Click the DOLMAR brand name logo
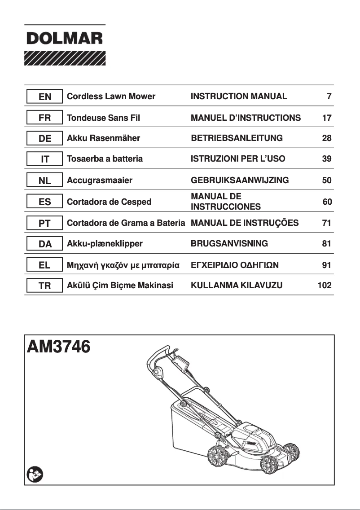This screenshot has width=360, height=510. pos(65,39)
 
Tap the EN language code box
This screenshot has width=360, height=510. pos(44,97)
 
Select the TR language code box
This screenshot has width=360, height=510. pos(44,285)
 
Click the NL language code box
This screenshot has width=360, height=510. pos(44,181)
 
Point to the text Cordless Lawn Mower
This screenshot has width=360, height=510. pos(111,97)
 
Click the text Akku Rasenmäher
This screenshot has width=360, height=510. pos(103,138)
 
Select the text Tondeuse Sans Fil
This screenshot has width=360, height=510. pos(103,118)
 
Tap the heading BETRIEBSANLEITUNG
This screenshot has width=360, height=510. pos(237,138)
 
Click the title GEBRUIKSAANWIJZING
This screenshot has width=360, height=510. pos(240,181)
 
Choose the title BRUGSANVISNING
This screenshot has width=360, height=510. pos(229,244)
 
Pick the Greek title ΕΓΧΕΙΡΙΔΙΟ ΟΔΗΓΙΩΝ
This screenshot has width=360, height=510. pos(235,265)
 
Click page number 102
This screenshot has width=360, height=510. pos(324,285)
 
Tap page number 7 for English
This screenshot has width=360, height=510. pos(329,97)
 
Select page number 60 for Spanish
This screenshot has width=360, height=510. pos(327,202)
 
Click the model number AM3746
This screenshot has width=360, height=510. pos(59,347)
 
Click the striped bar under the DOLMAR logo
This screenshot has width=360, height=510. pos(65,58)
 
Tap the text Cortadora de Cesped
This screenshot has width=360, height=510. pos(109,202)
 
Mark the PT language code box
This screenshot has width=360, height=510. pos(44,223)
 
